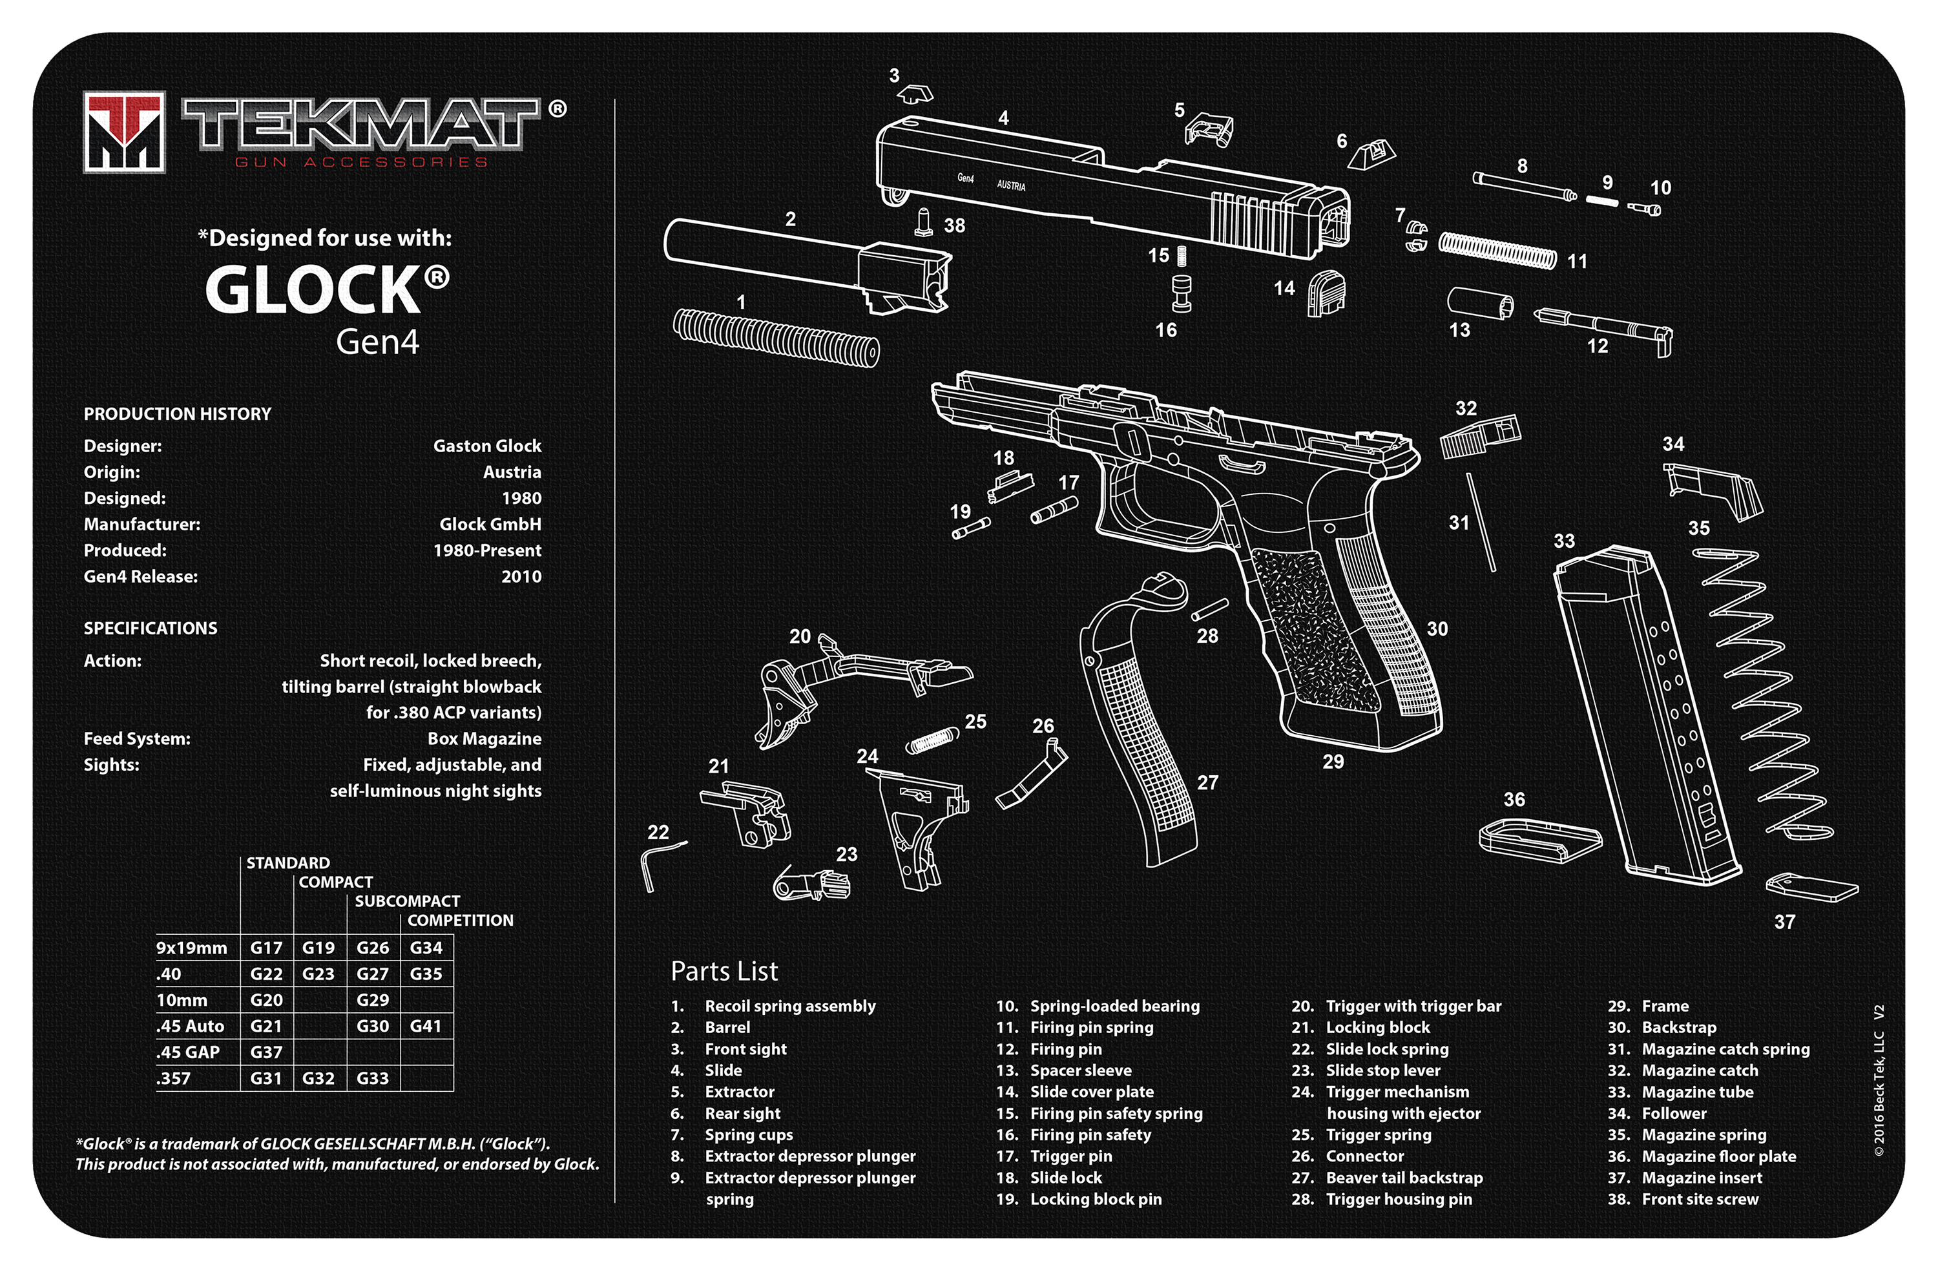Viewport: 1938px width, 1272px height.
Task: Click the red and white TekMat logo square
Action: (x=124, y=132)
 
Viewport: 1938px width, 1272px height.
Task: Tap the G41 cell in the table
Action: (x=426, y=1026)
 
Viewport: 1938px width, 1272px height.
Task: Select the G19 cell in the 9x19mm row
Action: (x=318, y=948)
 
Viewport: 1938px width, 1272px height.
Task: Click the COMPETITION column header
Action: (x=460, y=920)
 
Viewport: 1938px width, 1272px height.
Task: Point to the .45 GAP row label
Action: (x=188, y=1052)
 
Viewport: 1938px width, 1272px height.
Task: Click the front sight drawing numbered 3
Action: (x=916, y=94)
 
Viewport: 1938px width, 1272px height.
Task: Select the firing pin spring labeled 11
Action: (x=1497, y=250)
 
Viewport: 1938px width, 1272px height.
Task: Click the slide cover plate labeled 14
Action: (x=1326, y=293)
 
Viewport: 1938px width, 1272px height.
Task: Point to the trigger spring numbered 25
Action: (x=932, y=740)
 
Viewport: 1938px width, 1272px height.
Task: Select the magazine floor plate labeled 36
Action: (x=1539, y=840)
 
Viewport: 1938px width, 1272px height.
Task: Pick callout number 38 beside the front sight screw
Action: (x=954, y=225)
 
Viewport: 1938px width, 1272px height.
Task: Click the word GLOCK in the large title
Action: (x=313, y=290)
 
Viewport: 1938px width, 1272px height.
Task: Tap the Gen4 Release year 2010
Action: (x=521, y=576)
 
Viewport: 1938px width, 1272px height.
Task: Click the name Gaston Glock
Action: (x=487, y=446)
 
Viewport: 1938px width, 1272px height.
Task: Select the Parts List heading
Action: (x=724, y=971)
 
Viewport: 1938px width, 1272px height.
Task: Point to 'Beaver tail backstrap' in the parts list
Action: (x=1404, y=1178)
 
